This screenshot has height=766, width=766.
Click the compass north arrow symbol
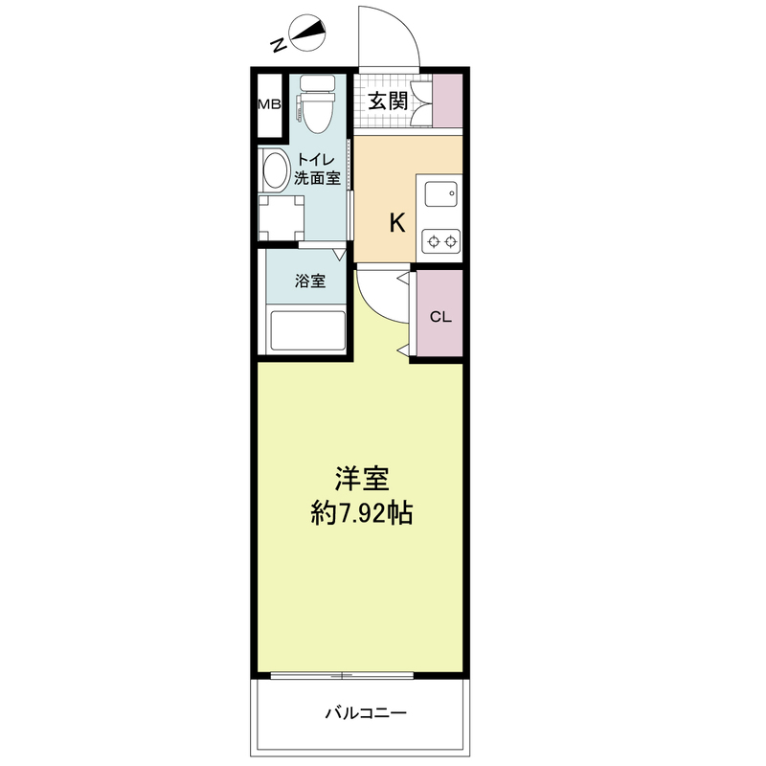pyautogui.click(x=307, y=34)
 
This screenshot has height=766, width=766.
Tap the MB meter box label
pyautogui.click(x=269, y=104)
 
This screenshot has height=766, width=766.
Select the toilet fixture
pyautogui.click(x=317, y=103)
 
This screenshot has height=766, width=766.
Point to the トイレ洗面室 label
pyautogui.click(x=317, y=169)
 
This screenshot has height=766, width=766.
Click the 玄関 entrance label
pyautogui.click(x=388, y=101)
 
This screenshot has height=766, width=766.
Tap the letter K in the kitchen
pyautogui.click(x=397, y=223)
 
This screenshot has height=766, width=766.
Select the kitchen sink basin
pyautogui.click(x=441, y=194)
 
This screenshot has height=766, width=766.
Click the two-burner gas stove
pyautogui.click(x=441, y=241)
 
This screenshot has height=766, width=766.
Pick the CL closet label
pyautogui.click(x=440, y=317)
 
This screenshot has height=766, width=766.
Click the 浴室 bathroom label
pyautogui.click(x=310, y=281)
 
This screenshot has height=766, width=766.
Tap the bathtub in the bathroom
pyautogui.click(x=307, y=330)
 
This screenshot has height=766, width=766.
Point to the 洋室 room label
pyautogui.click(x=362, y=479)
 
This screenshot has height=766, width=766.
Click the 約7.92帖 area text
pyautogui.click(x=362, y=513)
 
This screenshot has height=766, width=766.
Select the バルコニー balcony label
pyautogui.click(x=366, y=713)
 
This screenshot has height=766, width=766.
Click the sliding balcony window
pyautogui.click(x=342, y=676)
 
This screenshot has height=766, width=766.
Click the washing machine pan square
pyautogui.click(x=281, y=218)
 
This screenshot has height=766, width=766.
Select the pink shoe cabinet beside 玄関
pyautogui.click(x=447, y=101)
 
